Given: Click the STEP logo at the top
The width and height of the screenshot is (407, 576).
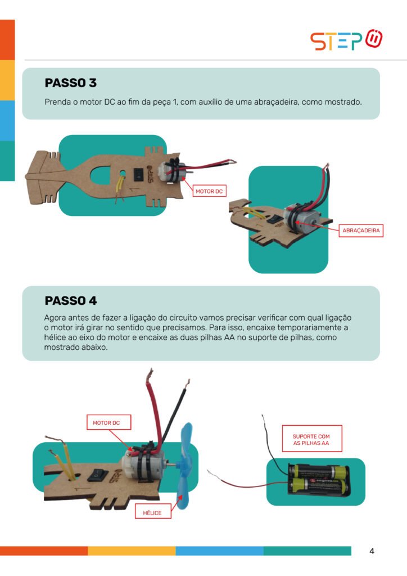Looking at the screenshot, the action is (346, 40).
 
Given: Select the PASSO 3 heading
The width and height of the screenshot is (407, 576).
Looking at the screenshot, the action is (70, 83).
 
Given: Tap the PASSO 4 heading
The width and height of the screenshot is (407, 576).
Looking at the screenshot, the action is (71, 300).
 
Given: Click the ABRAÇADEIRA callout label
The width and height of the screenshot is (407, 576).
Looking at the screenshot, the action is (361, 230).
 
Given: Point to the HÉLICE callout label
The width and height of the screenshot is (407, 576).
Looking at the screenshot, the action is (152, 512).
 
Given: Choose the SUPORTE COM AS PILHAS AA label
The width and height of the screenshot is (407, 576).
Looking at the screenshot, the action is (311, 439).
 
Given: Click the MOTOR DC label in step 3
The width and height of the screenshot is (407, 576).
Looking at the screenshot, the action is (209, 191).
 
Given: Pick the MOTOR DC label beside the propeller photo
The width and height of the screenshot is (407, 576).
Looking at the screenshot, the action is (106, 422).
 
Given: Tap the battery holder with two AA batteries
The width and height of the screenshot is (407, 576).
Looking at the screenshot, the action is (318, 478).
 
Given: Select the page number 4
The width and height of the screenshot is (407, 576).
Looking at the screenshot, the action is (372, 551).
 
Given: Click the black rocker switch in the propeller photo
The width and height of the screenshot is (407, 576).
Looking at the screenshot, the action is (98, 474).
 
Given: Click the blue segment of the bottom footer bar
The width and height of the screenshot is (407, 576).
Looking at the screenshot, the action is (219, 551).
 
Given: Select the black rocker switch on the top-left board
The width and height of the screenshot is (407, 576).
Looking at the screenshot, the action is (138, 174).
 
